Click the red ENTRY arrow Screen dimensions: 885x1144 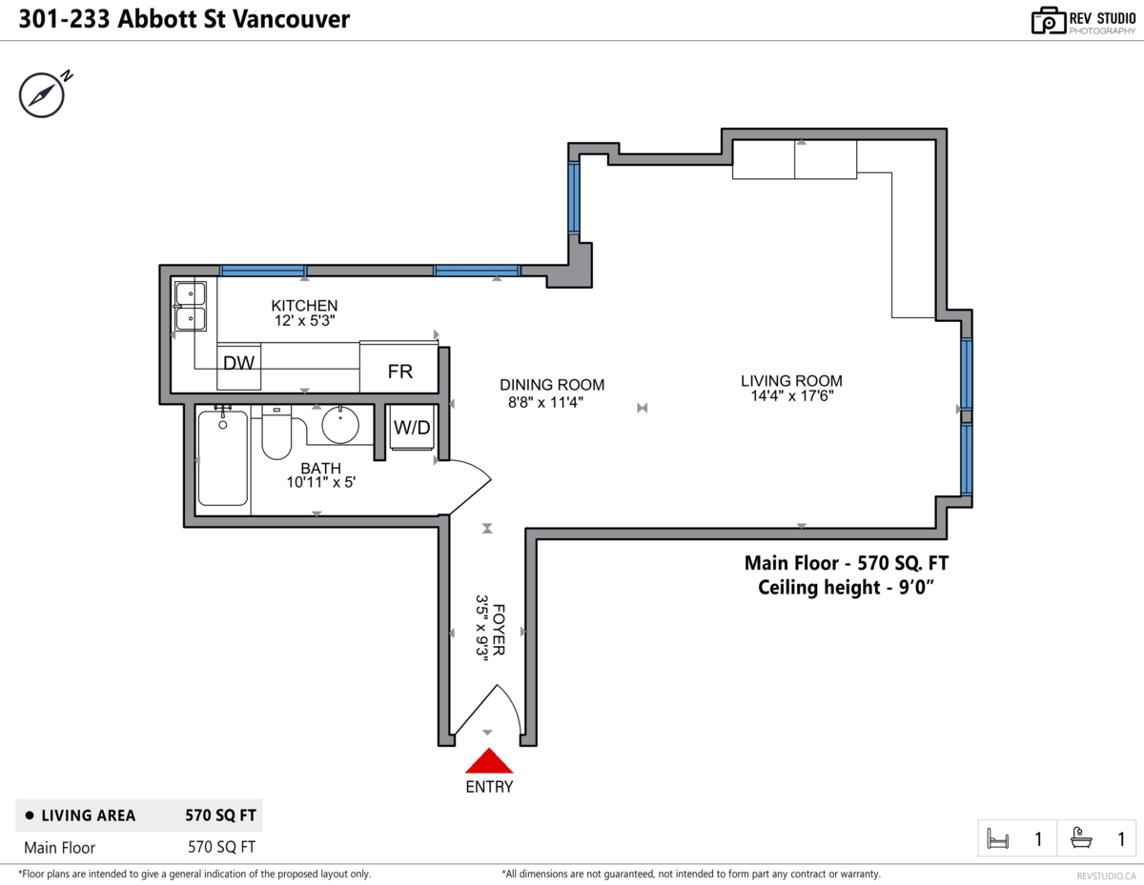pyautogui.click(x=488, y=761)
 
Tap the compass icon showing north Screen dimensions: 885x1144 pyautogui.click(x=41, y=94)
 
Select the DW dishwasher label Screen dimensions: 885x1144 pyautogui.click(x=237, y=363)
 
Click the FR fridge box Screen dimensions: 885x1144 pyautogui.click(x=399, y=371)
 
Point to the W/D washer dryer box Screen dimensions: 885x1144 pyautogui.click(x=412, y=428)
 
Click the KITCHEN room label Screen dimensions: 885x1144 pyautogui.click(x=304, y=306)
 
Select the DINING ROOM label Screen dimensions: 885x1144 pyautogui.click(x=552, y=385)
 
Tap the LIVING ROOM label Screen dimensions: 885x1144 pyautogui.click(x=791, y=381)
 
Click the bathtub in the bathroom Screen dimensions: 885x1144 pyautogui.click(x=223, y=458)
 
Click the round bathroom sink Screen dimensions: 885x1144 pyautogui.click(x=340, y=424)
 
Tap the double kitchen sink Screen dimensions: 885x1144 pyautogui.click(x=191, y=306)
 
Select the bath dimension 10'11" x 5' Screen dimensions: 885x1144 pyautogui.click(x=321, y=483)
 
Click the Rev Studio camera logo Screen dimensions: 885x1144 pyautogui.click(x=1048, y=20)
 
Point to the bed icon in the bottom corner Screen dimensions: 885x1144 pyautogui.click(x=998, y=839)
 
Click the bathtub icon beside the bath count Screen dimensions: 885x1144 pyautogui.click(x=1081, y=838)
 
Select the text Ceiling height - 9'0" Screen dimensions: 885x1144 pyautogui.click(x=844, y=588)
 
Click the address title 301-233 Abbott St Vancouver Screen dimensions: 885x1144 pyautogui.click(x=184, y=19)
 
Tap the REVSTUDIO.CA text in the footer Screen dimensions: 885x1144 pyautogui.click(x=1106, y=875)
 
